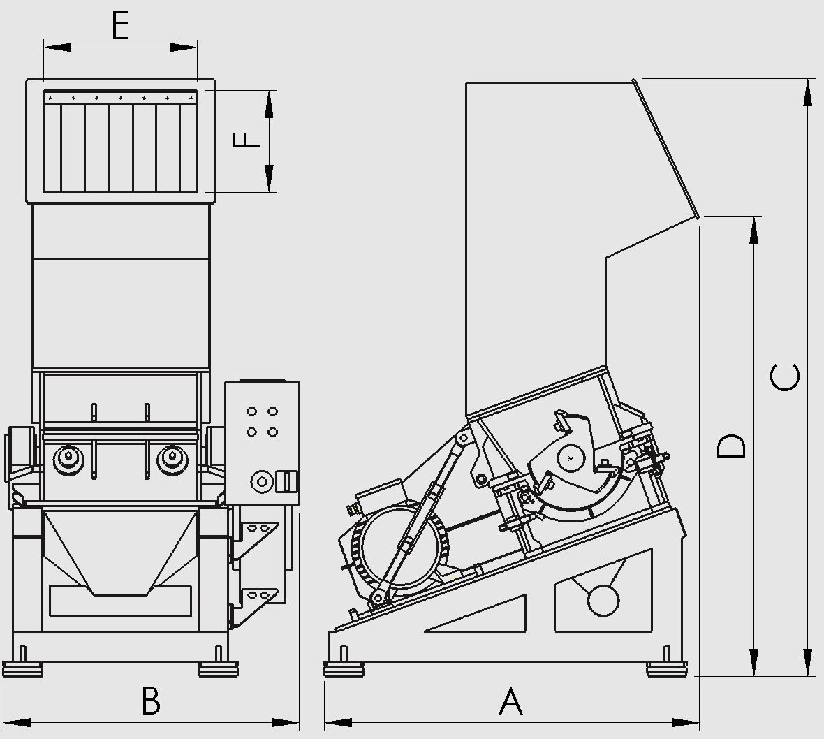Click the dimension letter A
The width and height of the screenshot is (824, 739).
(x=510, y=701)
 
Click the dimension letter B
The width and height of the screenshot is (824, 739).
(x=151, y=700)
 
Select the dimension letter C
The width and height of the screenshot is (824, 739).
(x=785, y=376)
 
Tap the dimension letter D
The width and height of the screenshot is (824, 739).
(x=732, y=446)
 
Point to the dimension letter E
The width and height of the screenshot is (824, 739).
(x=121, y=25)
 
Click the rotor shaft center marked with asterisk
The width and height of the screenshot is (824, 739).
(x=571, y=459)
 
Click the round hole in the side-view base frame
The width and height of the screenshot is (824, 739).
(x=603, y=600)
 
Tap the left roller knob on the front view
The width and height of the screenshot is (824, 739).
(x=68, y=460)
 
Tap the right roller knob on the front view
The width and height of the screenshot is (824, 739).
(x=172, y=460)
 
